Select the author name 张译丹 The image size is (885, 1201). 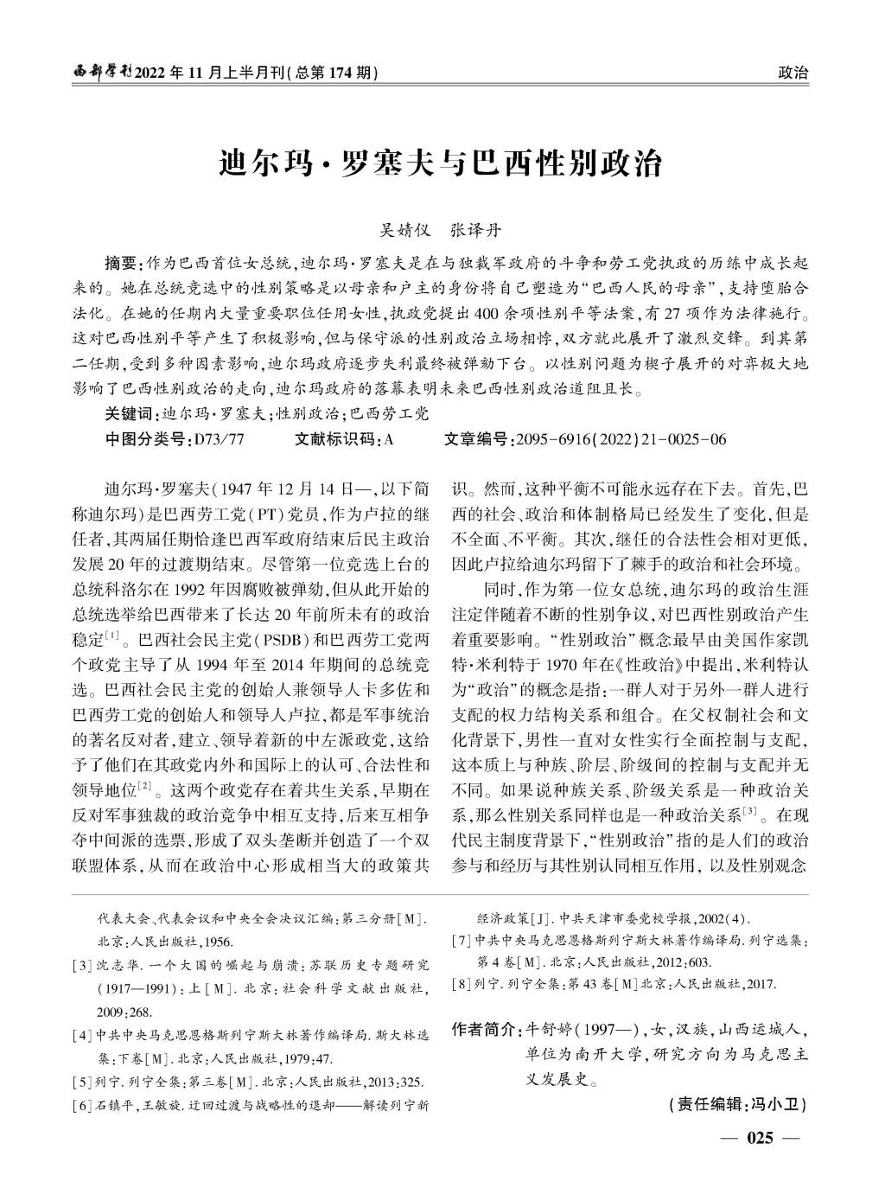474,231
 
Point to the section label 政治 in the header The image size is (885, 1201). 793,73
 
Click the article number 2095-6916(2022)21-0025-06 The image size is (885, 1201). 621,439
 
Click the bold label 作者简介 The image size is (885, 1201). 484,1030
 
